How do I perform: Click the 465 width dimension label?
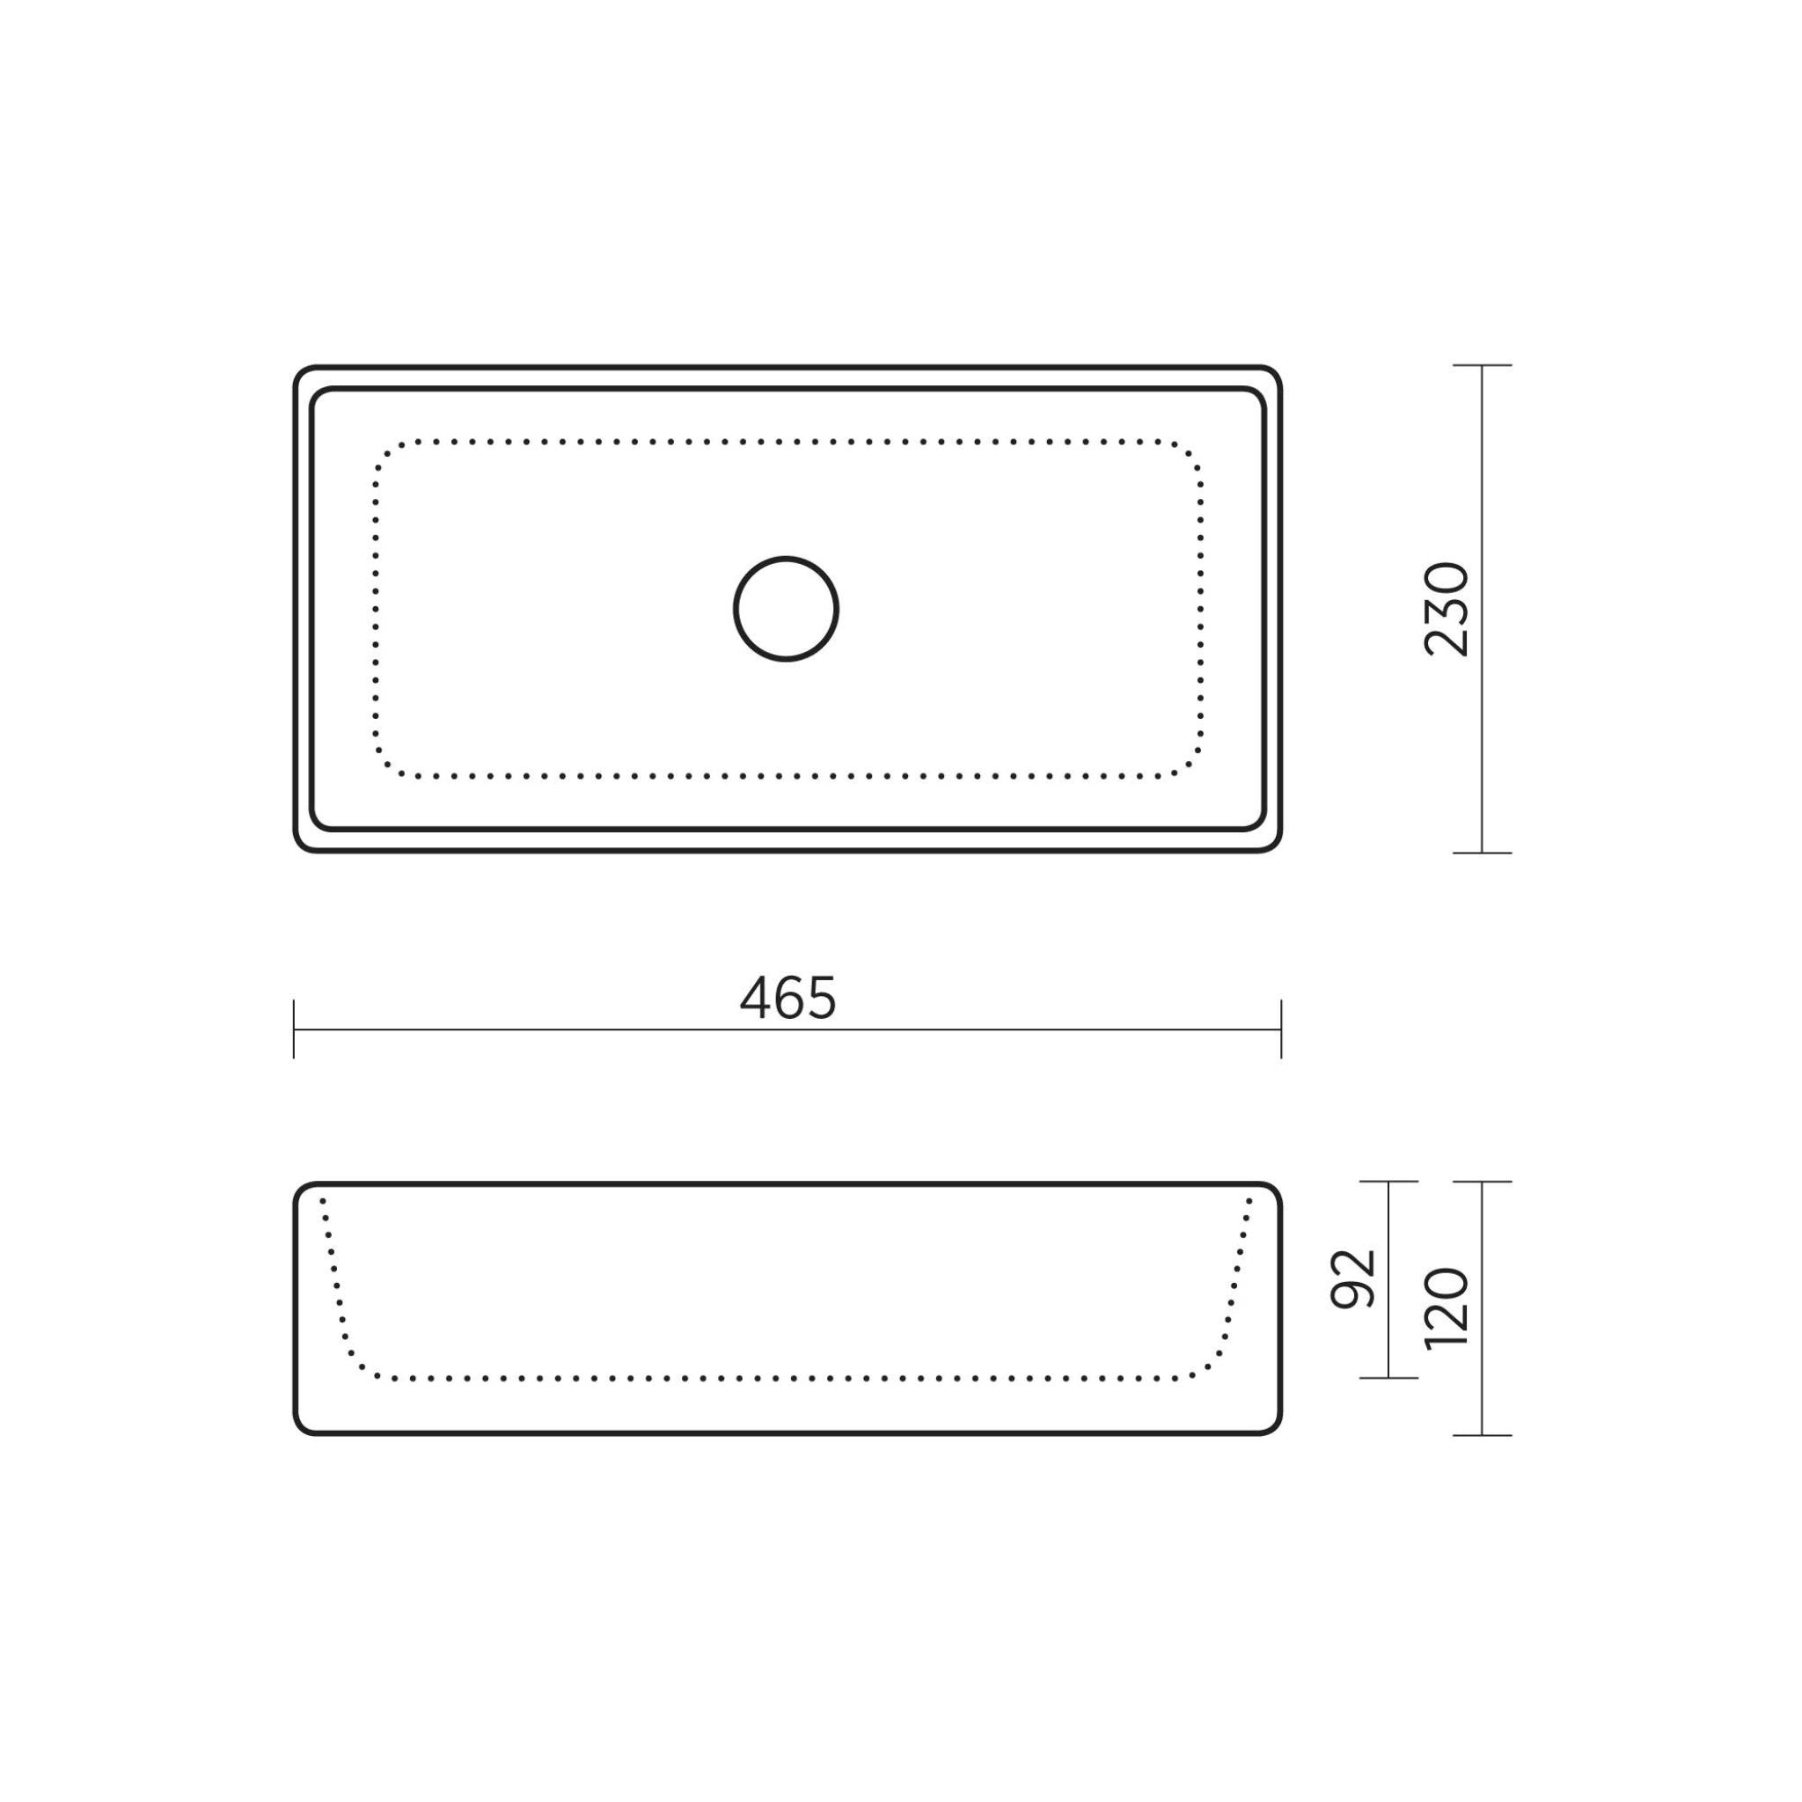tap(787, 998)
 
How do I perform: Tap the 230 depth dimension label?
tap(1447, 609)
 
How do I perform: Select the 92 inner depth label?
tap(1352, 1278)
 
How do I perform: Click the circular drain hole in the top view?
tap(787, 609)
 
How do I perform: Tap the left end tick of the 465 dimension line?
tap(294, 1029)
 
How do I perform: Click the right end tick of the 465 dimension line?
tap(1281, 1029)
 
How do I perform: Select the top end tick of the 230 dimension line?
tap(1482, 366)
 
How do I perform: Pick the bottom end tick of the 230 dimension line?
tap(1482, 853)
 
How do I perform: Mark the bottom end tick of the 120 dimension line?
tap(1482, 1435)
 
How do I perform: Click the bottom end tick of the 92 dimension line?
tap(1388, 1378)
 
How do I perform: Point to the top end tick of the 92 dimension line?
tap(1388, 1182)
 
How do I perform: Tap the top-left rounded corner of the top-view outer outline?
tap(301, 373)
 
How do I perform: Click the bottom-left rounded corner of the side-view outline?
tap(301, 1427)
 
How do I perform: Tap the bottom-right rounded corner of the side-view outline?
tap(1274, 1427)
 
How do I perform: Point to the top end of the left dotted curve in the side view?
tap(323, 1200)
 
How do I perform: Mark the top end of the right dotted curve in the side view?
tap(1249, 1200)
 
